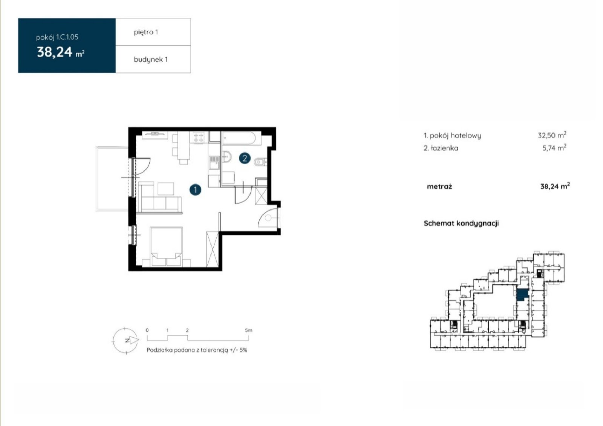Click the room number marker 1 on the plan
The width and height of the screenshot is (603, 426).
tap(195, 190)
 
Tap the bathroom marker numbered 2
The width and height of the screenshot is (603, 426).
tap(245, 158)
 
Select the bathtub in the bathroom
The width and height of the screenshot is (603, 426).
tap(239, 138)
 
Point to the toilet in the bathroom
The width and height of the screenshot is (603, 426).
tap(260, 161)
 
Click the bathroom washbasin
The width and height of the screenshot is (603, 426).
tap(227, 157)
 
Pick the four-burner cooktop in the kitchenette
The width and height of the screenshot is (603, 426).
tap(199, 138)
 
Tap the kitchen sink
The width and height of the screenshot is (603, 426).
tap(214, 163)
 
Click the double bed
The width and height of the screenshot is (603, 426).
tap(166, 246)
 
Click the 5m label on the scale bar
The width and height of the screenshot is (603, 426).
tap(248, 330)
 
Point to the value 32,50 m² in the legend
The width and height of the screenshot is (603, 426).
tap(552, 135)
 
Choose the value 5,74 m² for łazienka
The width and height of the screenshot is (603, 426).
tap(554, 148)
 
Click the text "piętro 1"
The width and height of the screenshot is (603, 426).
tap(146, 32)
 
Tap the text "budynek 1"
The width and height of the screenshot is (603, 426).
tap(151, 60)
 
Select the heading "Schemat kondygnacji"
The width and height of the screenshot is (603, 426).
tap(461, 223)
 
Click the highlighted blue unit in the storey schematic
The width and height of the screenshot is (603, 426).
tap(522, 295)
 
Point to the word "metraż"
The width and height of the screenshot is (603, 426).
tap(439, 186)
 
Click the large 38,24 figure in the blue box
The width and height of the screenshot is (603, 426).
tap(55, 52)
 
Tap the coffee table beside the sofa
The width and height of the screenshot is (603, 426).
tap(166, 189)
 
